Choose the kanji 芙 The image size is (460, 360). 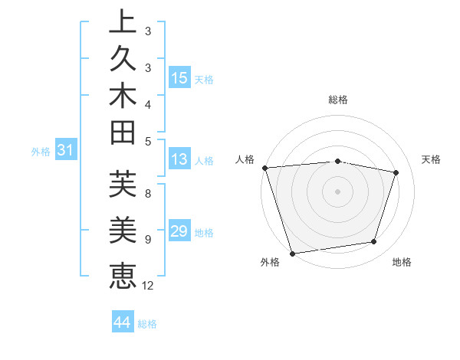coord(123,185)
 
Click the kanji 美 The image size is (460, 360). coord(123,231)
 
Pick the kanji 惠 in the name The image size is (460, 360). coord(123,274)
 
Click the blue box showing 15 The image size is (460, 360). coord(179,78)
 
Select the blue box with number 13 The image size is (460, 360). coord(179,160)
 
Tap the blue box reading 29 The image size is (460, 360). coord(179,231)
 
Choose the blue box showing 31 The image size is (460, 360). coord(66,151)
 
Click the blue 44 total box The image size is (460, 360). coord(122,322)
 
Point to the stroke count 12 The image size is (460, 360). coord(148,285)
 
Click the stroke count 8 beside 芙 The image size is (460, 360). coord(147,195)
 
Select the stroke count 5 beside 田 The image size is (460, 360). coord(147,141)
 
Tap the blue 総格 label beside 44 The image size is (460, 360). coord(148,323)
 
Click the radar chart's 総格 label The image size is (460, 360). coord(337,100)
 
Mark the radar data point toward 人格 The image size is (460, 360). coord(264,168)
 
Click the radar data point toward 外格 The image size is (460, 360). coord(292,254)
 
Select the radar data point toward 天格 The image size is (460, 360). coord(396,172)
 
